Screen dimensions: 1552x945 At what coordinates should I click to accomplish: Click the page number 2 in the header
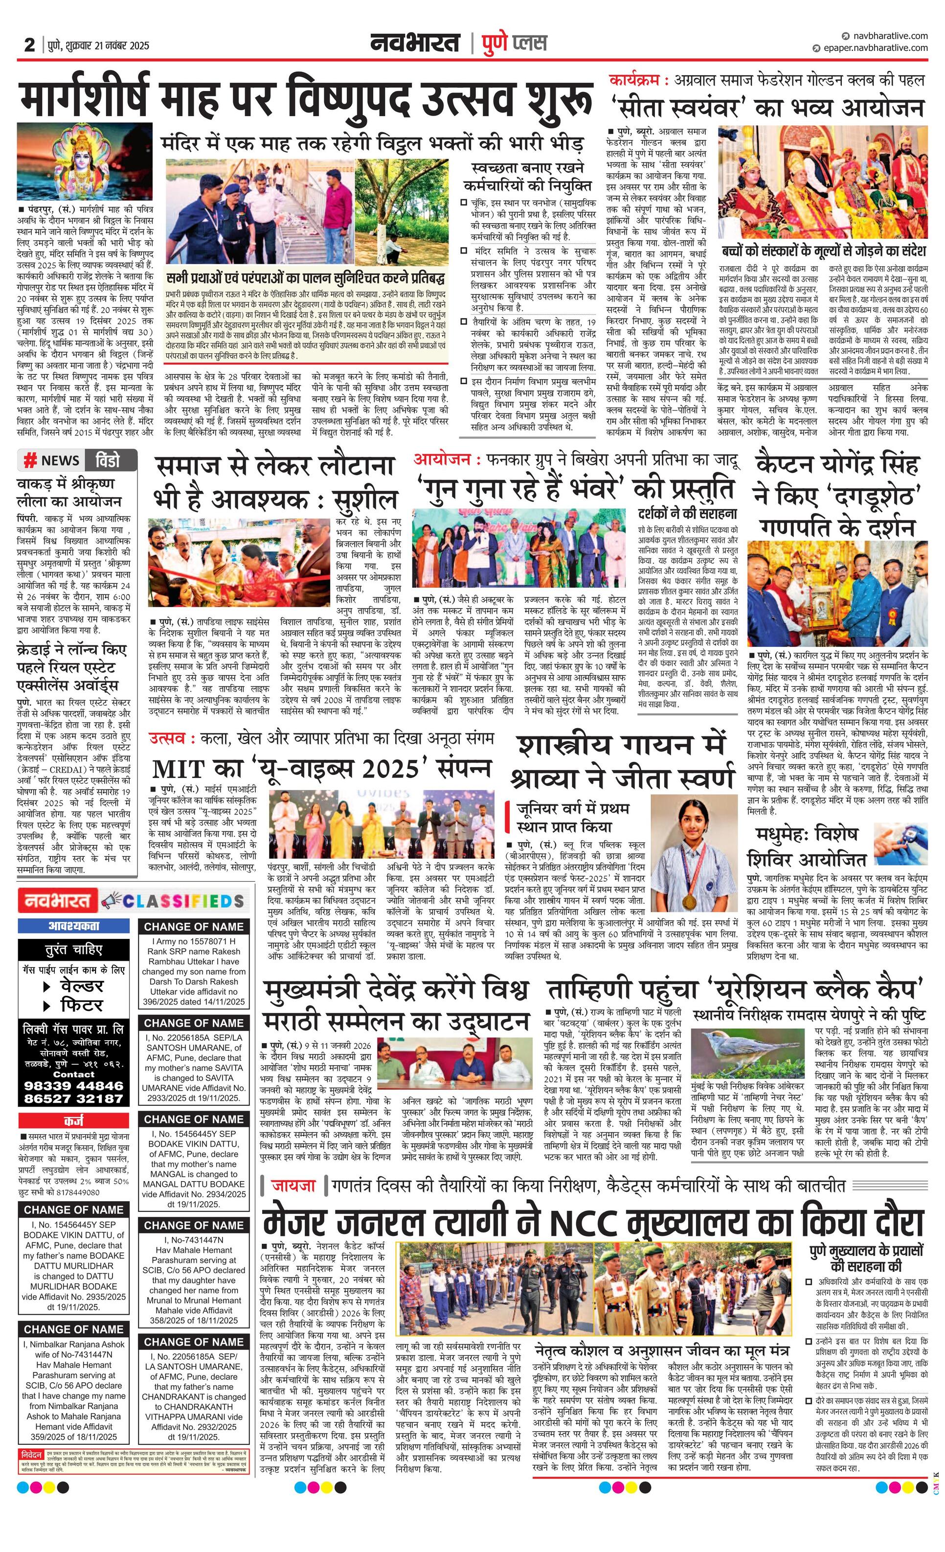29,45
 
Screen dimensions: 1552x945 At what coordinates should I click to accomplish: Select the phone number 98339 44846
74,1085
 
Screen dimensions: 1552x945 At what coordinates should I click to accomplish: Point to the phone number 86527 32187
74,1098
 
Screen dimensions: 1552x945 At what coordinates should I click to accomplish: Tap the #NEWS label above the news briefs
52,460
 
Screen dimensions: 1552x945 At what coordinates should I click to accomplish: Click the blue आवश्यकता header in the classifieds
74,926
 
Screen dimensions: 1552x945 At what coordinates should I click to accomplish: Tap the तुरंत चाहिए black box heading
74,949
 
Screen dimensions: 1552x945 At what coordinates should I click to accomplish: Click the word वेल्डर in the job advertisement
81,986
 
